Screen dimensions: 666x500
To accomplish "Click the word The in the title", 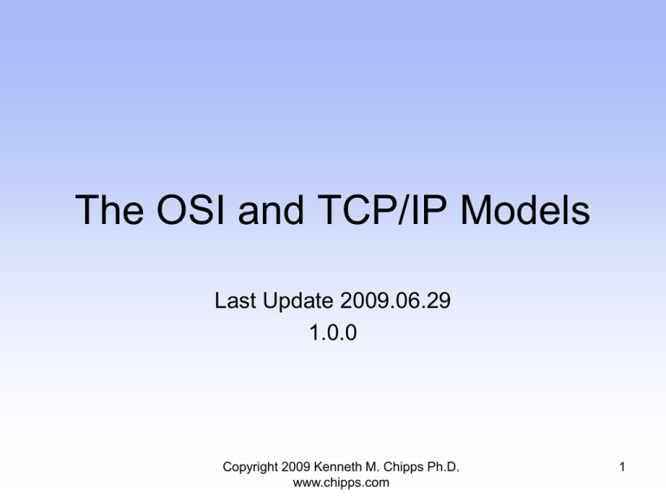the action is (109, 209).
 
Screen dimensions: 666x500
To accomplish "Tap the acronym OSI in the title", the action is (191, 209).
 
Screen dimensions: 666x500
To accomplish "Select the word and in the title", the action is (271, 209).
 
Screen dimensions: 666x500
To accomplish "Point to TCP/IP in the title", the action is (382, 209).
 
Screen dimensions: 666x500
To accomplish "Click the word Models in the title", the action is (525, 209).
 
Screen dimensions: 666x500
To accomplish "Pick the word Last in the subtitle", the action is (235, 300).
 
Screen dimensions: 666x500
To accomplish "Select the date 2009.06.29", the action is (395, 300).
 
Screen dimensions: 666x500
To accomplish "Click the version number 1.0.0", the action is (333, 332).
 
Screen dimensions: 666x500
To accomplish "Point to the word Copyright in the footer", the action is (250, 467).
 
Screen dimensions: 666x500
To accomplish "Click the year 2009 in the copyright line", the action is (295, 467).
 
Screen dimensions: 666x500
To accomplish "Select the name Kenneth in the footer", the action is (337, 467).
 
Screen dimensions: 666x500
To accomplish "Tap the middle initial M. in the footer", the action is (373, 467).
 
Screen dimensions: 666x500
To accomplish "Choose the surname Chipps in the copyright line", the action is (403, 468).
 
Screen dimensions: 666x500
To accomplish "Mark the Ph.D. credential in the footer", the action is (443, 467).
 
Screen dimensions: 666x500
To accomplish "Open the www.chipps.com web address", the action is (341, 483).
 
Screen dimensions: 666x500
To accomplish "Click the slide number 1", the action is (622, 467).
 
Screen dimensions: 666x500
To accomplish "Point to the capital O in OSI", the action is (172, 209).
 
